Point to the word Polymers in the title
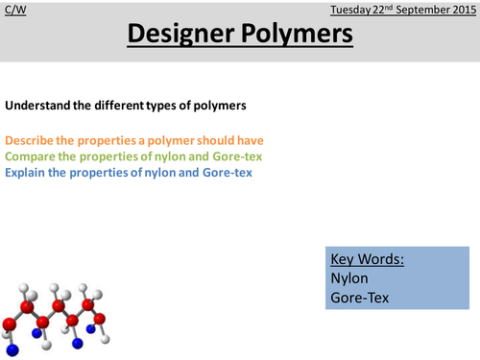[x=294, y=36]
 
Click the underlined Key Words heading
[x=364, y=259]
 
